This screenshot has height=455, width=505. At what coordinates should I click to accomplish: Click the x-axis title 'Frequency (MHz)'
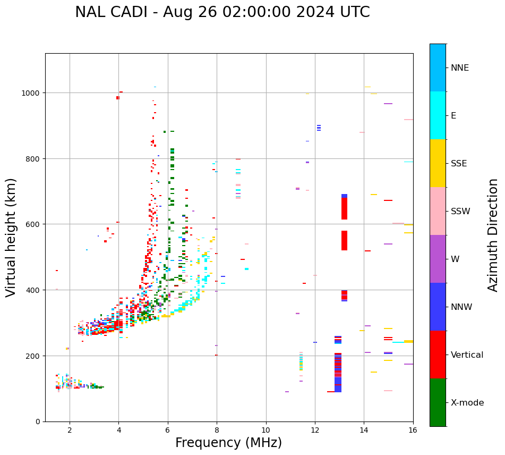(x=228, y=443)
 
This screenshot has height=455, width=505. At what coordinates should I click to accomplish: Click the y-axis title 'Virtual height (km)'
(x=11, y=237)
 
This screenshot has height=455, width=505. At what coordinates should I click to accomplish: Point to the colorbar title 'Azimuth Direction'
(x=493, y=235)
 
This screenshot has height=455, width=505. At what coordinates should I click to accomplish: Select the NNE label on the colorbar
(x=460, y=68)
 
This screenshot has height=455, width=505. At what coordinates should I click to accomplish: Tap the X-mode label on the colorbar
(x=467, y=403)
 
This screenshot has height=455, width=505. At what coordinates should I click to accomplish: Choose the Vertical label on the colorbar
(x=467, y=355)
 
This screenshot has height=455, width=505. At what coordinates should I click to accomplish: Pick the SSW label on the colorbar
(x=460, y=212)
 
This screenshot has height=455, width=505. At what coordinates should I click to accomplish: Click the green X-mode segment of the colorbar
(x=438, y=402)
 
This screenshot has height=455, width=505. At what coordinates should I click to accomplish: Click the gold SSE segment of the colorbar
(x=438, y=163)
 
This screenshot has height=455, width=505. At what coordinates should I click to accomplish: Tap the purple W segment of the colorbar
(x=438, y=259)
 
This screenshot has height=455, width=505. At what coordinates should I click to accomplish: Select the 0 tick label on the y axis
(x=38, y=422)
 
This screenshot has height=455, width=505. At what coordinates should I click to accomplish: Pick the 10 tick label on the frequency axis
(x=266, y=430)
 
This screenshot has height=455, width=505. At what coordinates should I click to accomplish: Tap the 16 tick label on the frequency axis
(x=413, y=430)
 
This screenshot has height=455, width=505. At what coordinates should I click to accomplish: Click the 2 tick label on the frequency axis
(x=70, y=430)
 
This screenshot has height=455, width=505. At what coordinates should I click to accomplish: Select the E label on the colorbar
(x=453, y=116)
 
